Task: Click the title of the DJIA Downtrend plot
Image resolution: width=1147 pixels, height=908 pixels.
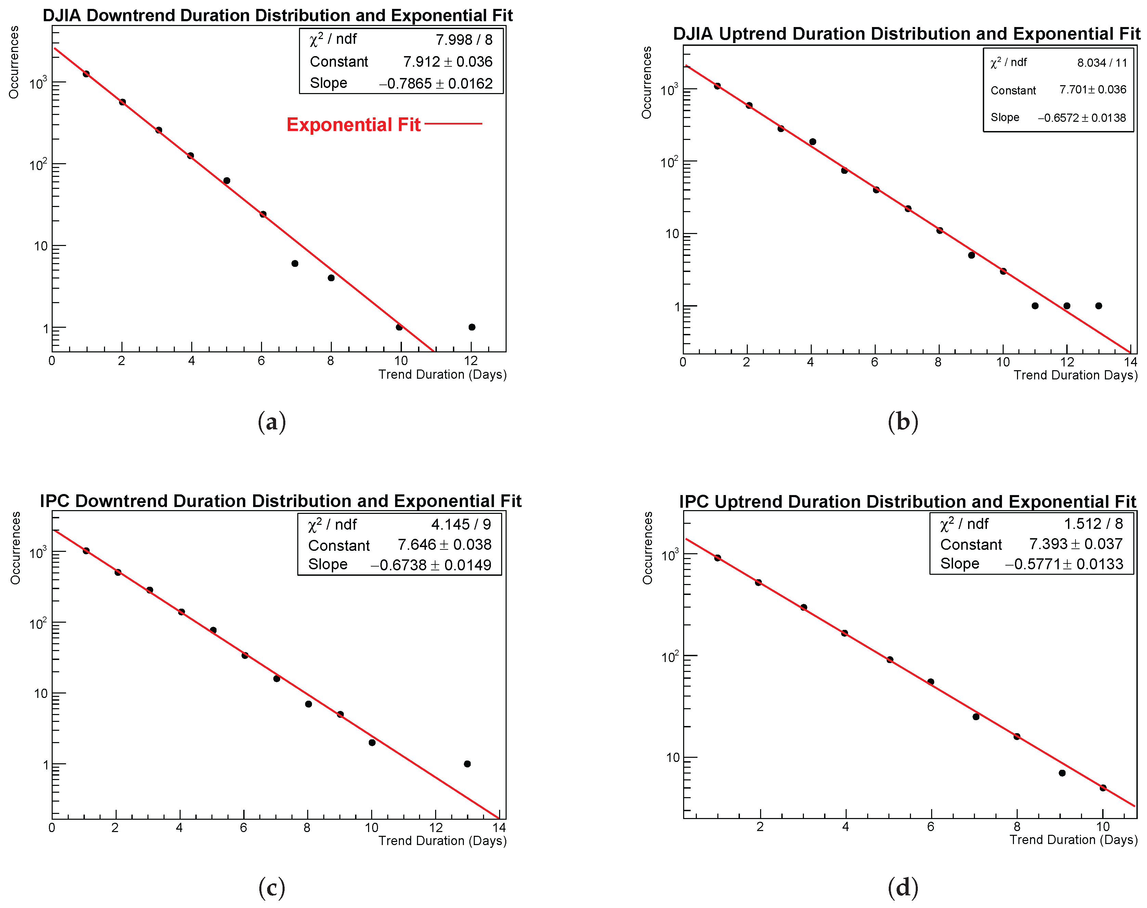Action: click(x=277, y=15)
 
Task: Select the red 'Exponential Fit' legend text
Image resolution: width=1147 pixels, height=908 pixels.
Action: click(x=353, y=125)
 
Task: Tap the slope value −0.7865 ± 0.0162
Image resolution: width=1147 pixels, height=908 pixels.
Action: click(x=435, y=83)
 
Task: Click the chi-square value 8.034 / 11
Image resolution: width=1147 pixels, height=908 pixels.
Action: click(x=1102, y=63)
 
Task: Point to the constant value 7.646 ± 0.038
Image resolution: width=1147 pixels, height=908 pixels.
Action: click(x=444, y=544)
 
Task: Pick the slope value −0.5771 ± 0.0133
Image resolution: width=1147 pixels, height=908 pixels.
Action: click(x=1064, y=564)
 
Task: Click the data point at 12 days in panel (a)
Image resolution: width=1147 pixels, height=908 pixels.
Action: click(x=471, y=327)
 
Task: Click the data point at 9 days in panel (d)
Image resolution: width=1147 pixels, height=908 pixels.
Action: click(x=1062, y=773)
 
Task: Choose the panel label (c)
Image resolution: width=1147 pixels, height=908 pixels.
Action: click(x=272, y=887)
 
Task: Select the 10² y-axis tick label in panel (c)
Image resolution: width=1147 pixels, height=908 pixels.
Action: click(x=38, y=623)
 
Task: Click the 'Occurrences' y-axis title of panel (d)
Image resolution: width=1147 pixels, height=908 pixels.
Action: click(x=647, y=548)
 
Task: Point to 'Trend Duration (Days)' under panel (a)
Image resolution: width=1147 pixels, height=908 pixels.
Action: click(x=442, y=375)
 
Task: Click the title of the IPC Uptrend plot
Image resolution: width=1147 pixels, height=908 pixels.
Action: click(x=907, y=502)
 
